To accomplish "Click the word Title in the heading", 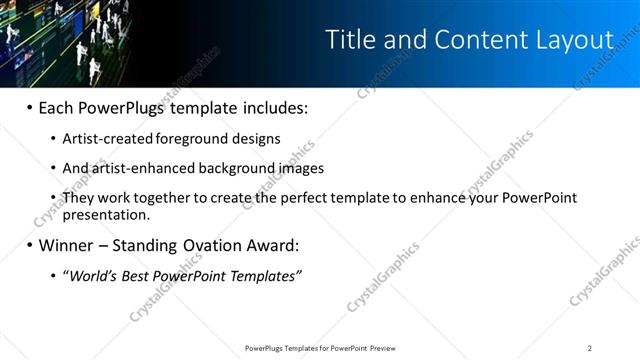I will pos(348,40).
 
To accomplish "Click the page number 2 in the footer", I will pos(590,348).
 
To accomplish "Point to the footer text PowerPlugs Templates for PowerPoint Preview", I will pos(319,348).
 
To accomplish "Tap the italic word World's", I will pos(94,276).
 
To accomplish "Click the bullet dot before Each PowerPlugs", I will pos(29,107).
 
